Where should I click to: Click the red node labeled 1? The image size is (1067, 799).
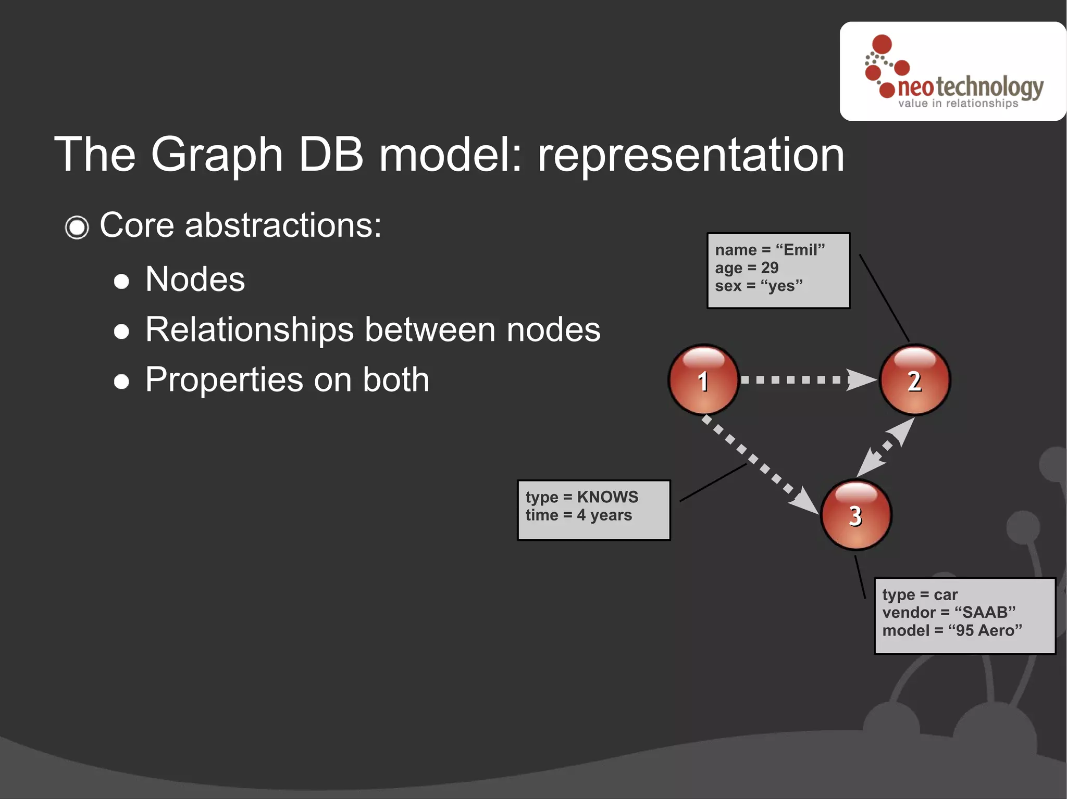coord(703,380)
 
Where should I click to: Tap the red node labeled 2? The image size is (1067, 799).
coord(914,380)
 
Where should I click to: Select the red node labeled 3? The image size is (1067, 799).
coord(855,515)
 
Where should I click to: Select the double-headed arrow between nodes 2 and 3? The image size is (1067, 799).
coord(886,447)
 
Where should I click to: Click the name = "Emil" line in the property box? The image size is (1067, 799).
coord(770,250)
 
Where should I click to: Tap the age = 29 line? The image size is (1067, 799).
coord(746,268)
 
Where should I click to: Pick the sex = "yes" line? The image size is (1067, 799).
coord(758,286)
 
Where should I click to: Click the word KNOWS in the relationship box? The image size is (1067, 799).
coord(607,497)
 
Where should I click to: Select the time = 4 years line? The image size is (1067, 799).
coord(578,515)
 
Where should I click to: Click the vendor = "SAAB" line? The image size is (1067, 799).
coord(948,612)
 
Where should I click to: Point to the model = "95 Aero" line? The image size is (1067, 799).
coord(951,630)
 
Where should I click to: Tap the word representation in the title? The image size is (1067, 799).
coord(690,155)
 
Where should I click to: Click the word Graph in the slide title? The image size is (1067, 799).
coord(216,156)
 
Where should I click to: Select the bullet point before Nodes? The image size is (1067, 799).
coord(121,281)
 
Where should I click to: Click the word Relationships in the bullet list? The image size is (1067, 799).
coord(250,329)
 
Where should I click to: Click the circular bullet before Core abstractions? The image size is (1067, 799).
coord(77,227)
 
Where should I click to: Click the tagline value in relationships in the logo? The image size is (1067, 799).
coord(958,103)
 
